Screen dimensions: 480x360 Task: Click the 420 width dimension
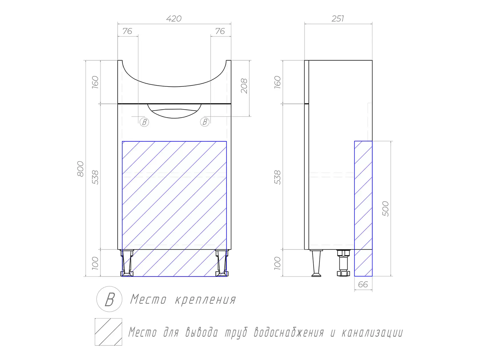click(174, 19)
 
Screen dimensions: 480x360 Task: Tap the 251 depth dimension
click(338, 19)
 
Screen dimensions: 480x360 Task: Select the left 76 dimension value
click(127, 31)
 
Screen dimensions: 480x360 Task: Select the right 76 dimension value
click(220, 31)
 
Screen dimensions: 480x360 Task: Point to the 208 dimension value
click(244, 86)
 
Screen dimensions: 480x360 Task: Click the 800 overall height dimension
click(80, 169)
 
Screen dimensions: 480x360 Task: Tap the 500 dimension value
click(385, 209)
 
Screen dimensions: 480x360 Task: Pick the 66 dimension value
click(363, 284)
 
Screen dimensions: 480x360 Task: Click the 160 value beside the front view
click(95, 82)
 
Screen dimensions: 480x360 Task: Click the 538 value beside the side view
click(277, 177)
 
